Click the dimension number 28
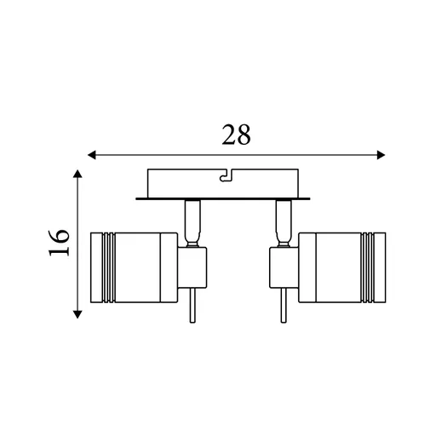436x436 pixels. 237,135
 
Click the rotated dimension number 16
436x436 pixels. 57,244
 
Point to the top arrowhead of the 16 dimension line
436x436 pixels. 78,174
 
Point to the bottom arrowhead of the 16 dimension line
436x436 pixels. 78,313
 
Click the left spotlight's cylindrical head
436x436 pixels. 136,266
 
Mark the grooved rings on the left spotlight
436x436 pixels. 104,266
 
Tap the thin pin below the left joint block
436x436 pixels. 193,307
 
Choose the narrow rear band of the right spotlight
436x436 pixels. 302,266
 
